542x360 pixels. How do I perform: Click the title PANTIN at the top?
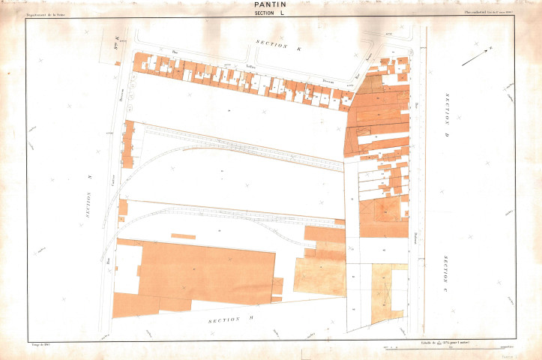pyautogui.click(x=271, y=4)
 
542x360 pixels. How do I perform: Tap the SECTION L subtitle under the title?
pyautogui.click(x=271, y=13)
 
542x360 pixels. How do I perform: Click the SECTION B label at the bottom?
pyautogui.click(x=225, y=319)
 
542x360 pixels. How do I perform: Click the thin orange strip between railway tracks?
pyautogui.click(x=183, y=236)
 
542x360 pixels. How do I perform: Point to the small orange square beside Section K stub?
pyautogui.click(x=117, y=64)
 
